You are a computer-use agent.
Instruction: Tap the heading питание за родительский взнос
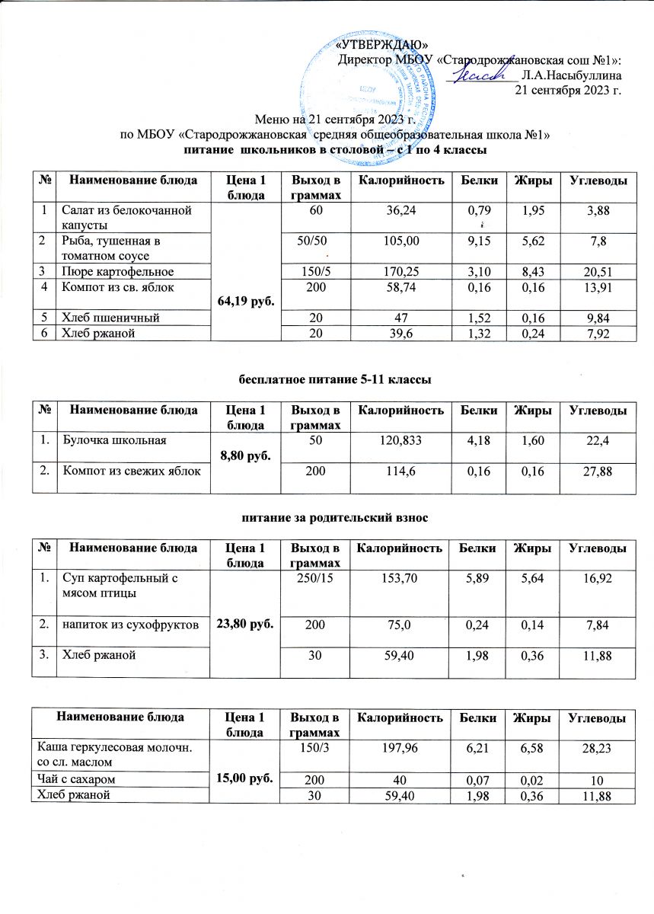tap(327, 518)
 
